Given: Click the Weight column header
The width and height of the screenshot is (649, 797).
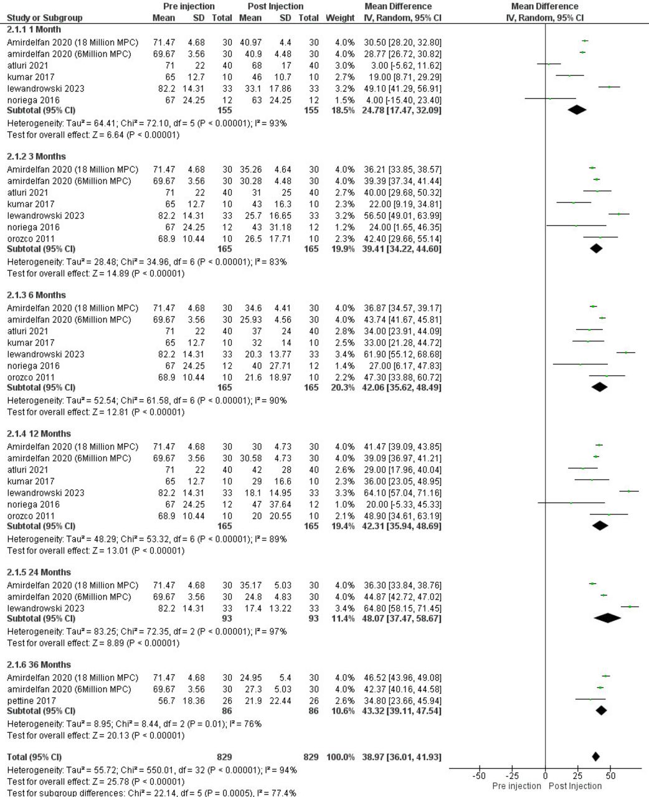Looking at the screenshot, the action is [340, 17].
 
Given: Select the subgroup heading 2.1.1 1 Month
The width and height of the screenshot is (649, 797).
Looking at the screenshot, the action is [34, 29].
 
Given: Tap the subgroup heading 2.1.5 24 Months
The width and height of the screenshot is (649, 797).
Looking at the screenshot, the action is [39, 572].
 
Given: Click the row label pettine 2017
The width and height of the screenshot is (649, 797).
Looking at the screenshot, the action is [31, 701].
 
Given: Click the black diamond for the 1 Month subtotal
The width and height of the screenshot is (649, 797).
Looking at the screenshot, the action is [577, 110].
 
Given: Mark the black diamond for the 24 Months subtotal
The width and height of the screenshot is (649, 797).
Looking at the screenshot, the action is [607, 618].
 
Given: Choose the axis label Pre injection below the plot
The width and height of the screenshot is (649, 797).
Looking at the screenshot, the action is [516, 786].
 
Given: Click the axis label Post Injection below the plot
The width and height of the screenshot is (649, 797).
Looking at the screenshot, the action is [576, 786].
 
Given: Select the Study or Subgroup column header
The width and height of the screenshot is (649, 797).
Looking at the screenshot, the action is [45, 17].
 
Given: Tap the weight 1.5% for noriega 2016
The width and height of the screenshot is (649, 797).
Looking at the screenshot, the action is [344, 100].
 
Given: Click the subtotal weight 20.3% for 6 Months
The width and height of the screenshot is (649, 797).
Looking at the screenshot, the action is [343, 387].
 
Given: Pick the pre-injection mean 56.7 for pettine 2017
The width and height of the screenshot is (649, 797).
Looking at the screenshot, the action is [166, 701].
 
